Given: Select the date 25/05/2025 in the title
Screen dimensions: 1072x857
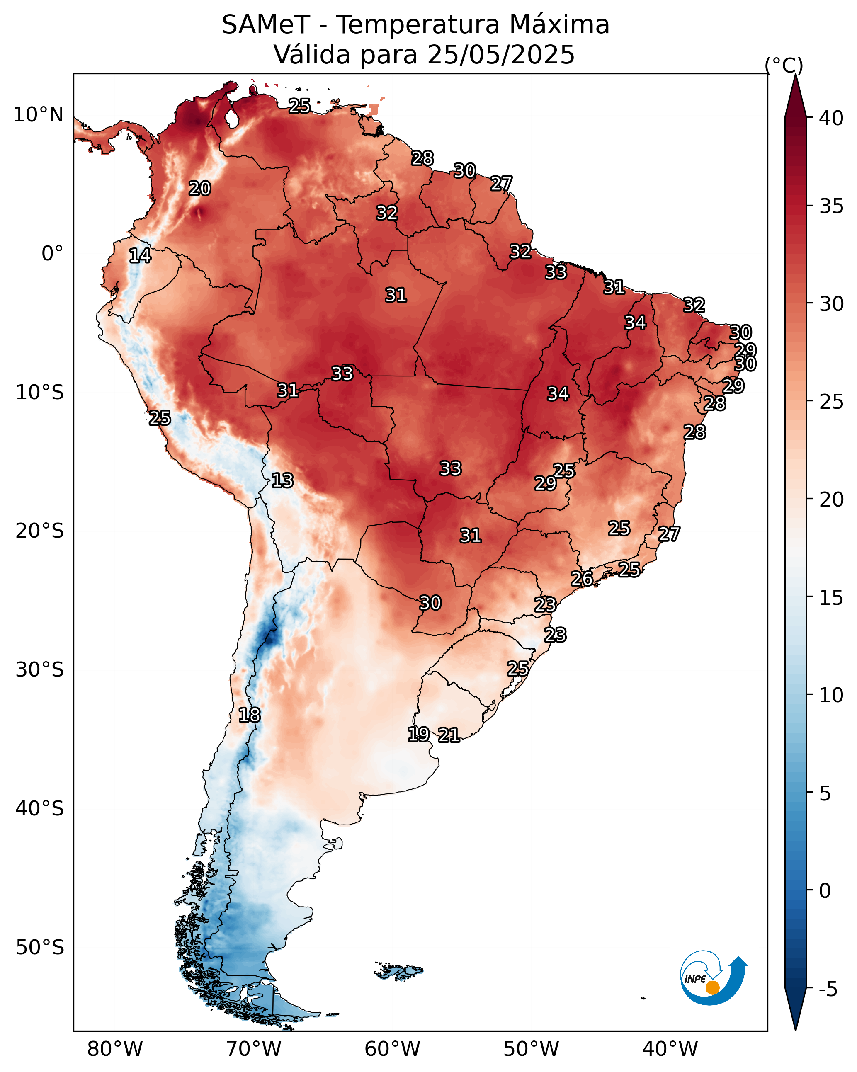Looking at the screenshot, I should [x=500, y=55].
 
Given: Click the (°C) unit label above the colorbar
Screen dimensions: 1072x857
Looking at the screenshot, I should [x=784, y=65].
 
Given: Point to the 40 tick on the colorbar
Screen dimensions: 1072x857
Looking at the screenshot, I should [x=831, y=118].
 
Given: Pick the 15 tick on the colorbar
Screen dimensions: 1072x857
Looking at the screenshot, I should [x=831, y=598].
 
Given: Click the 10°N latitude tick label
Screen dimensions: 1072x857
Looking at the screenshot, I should [x=38, y=115].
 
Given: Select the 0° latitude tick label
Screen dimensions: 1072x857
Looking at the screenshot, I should [x=52, y=254].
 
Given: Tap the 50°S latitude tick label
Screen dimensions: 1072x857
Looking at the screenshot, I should [x=40, y=948].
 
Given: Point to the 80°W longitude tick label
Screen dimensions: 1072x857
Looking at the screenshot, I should [x=115, y=1049].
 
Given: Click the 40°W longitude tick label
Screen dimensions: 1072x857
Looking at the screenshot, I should [x=670, y=1049].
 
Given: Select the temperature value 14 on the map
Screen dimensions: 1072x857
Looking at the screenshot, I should [x=140, y=256].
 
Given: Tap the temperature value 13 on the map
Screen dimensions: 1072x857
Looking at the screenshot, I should [x=282, y=480].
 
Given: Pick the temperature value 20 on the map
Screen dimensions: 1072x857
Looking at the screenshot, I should [x=199, y=189].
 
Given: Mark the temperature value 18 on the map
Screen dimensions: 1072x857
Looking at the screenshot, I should [x=249, y=715].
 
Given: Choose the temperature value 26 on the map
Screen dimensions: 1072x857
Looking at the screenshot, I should [x=581, y=578].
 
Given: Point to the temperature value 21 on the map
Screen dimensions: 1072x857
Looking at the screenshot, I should [x=449, y=735].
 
